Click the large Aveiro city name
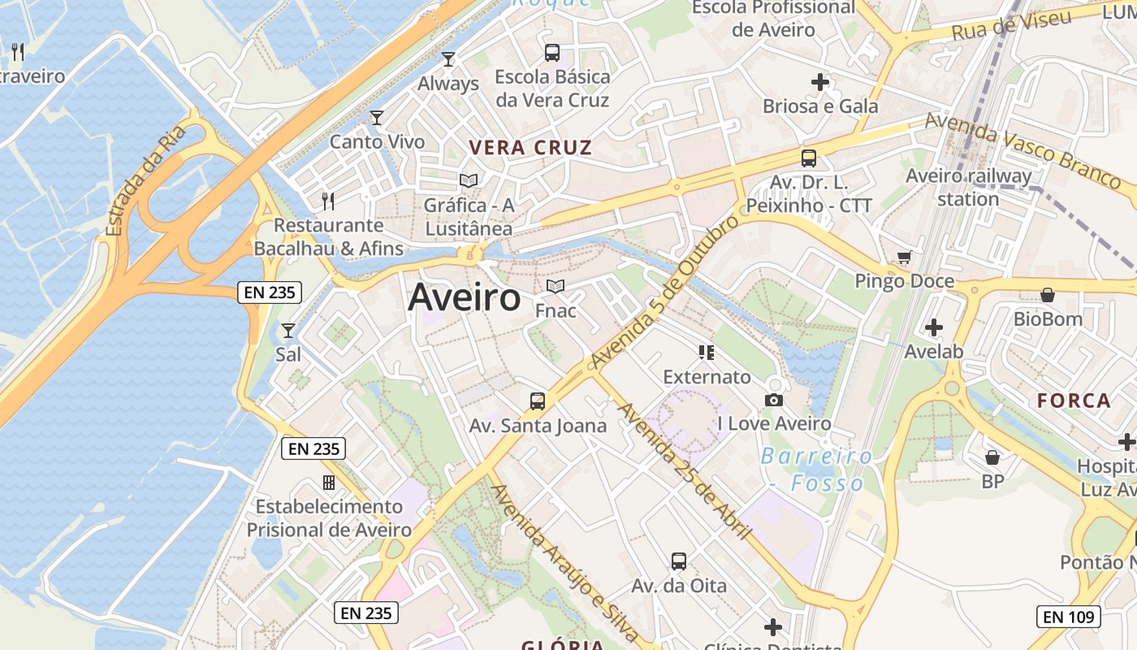pos(464,297)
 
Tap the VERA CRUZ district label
pos(531,148)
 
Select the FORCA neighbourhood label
pos(1074,401)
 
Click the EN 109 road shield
pos(1068,617)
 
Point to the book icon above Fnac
pos(556,287)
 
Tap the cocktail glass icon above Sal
pos(287,331)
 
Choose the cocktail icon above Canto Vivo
pos(376,118)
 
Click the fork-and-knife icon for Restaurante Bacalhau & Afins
pos(328,201)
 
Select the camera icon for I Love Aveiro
pos(774,400)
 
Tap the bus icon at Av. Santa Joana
pos(538,401)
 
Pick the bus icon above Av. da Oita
pos(679,561)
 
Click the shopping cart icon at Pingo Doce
pos(904,258)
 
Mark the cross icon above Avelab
pos(934,327)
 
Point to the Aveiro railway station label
pos(968,188)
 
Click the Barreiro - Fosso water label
pos(816,470)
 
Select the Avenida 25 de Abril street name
pos(684,471)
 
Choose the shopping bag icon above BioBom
pos(1048,295)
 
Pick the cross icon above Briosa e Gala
pos(820,82)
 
